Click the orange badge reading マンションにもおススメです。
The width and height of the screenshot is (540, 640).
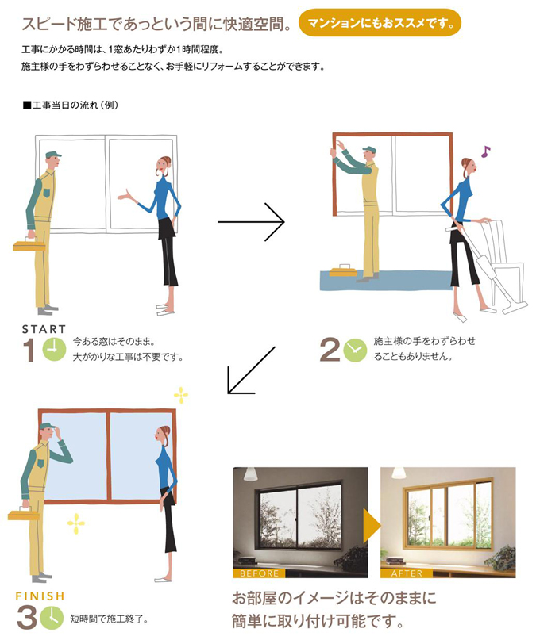click(x=380, y=23)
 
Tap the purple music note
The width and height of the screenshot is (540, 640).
click(x=485, y=151)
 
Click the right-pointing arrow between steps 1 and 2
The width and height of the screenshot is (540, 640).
click(x=251, y=221)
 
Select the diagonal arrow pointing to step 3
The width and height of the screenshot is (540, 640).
click(x=251, y=370)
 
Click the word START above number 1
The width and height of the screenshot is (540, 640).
click(x=44, y=329)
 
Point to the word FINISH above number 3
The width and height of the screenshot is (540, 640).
click(x=40, y=596)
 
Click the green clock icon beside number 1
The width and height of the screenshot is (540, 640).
click(x=54, y=350)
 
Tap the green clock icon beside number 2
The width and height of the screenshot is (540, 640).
click(x=355, y=351)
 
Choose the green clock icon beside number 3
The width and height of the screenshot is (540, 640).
click(x=52, y=618)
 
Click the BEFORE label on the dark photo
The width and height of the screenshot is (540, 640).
click(x=259, y=573)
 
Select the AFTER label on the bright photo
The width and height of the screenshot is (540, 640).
click(x=407, y=573)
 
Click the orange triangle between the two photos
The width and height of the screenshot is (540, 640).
click(x=372, y=525)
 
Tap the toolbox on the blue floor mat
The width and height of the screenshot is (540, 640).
click(x=343, y=270)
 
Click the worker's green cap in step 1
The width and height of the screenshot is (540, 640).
click(x=53, y=155)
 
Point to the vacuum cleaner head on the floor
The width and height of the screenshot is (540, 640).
click(x=515, y=308)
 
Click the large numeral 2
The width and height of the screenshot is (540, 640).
click(x=330, y=350)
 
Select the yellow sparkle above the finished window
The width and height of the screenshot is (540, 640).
click(x=181, y=395)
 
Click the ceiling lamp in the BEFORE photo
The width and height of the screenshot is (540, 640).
click(x=250, y=473)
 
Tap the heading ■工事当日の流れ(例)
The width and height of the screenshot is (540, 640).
click(x=71, y=105)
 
